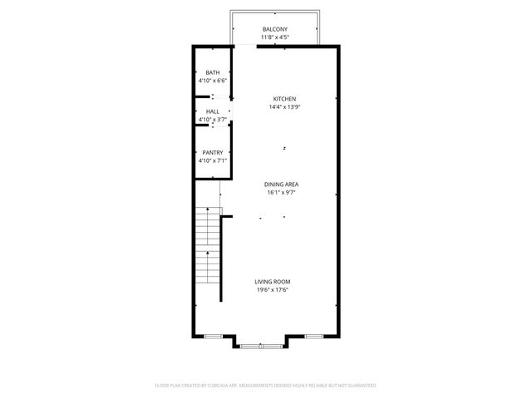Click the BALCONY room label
tap(274, 29)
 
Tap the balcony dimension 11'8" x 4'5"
tap(274, 37)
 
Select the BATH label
tap(213, 73)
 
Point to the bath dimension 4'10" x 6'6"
tap(213, 81)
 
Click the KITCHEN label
tap(284, 99)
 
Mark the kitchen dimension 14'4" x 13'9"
tap(284, 107)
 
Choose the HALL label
tap(213, 111)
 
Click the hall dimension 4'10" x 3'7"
tap(213, 120)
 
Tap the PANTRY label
tap(213, 152)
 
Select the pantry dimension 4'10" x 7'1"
tap(213, 160)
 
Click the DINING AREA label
tap(282, 184)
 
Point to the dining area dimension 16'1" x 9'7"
tap(282, 192)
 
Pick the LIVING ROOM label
tap(273, 282)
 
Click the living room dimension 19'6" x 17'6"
tap(273, 290)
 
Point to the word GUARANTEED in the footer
tap(360, 386)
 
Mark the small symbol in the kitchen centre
tap(284, 148)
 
